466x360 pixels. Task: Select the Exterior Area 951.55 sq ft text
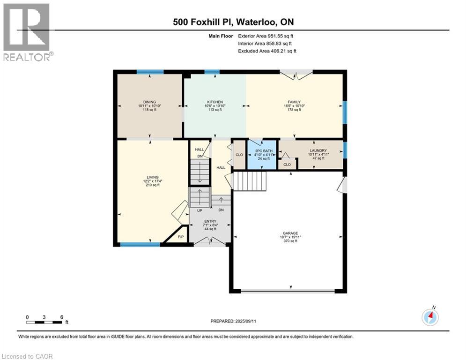pos(266,36)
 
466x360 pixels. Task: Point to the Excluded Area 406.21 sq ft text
pos(267,51)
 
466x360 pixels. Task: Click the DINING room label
pos(149,102)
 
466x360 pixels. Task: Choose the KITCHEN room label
pos(215,102)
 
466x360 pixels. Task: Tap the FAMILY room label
pos(294,102)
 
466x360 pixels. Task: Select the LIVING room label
pos(153,177)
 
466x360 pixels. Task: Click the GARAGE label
pos(290,233)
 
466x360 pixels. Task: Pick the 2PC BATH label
pos(264,151)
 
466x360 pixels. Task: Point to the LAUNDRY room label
pos(318,150)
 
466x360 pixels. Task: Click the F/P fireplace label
pos(181,237)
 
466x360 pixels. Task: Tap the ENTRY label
pos(210,221)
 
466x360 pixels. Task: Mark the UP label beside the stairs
pos(200,210)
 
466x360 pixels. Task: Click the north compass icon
pos(430,317)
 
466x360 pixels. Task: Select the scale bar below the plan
pos(44,322)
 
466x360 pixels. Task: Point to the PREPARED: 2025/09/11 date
pos(233,321)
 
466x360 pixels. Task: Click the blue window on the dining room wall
pos(150,72)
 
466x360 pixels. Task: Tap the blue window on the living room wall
pos(140,245)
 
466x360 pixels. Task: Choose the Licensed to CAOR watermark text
pos(27,356)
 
